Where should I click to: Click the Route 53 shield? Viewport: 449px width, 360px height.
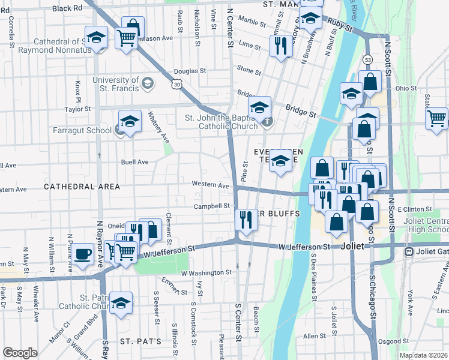pos(368,60)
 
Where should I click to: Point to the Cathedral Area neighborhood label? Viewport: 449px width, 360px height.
pos(82,187)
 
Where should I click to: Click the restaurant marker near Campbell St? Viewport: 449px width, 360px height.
pos(246,220)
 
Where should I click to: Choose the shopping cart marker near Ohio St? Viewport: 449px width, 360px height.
pos(438,118)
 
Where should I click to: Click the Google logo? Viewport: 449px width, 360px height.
pos(20,353)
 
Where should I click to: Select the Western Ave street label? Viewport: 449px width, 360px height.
pos(210,185)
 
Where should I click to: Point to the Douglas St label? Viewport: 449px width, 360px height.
pos(190,70)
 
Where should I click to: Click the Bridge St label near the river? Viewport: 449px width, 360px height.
pos(301,112)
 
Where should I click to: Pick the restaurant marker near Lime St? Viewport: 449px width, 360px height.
pos(280,46)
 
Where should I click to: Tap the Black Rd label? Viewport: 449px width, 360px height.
pos(67,8)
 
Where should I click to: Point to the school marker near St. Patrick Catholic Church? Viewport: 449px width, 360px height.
pos(122,304)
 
